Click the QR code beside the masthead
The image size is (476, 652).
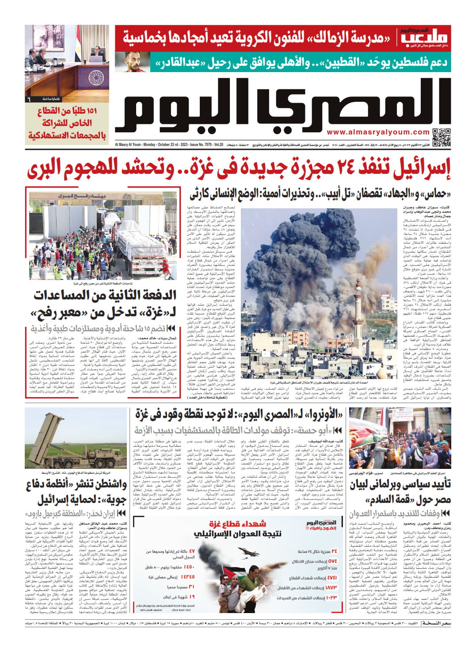[441, 137]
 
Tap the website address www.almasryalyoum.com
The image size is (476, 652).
[378, 132]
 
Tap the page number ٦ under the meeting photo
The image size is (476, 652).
[29, 99]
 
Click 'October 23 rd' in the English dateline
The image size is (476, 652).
[171, 145]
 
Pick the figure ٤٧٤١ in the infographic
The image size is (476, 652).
[332, 578]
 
